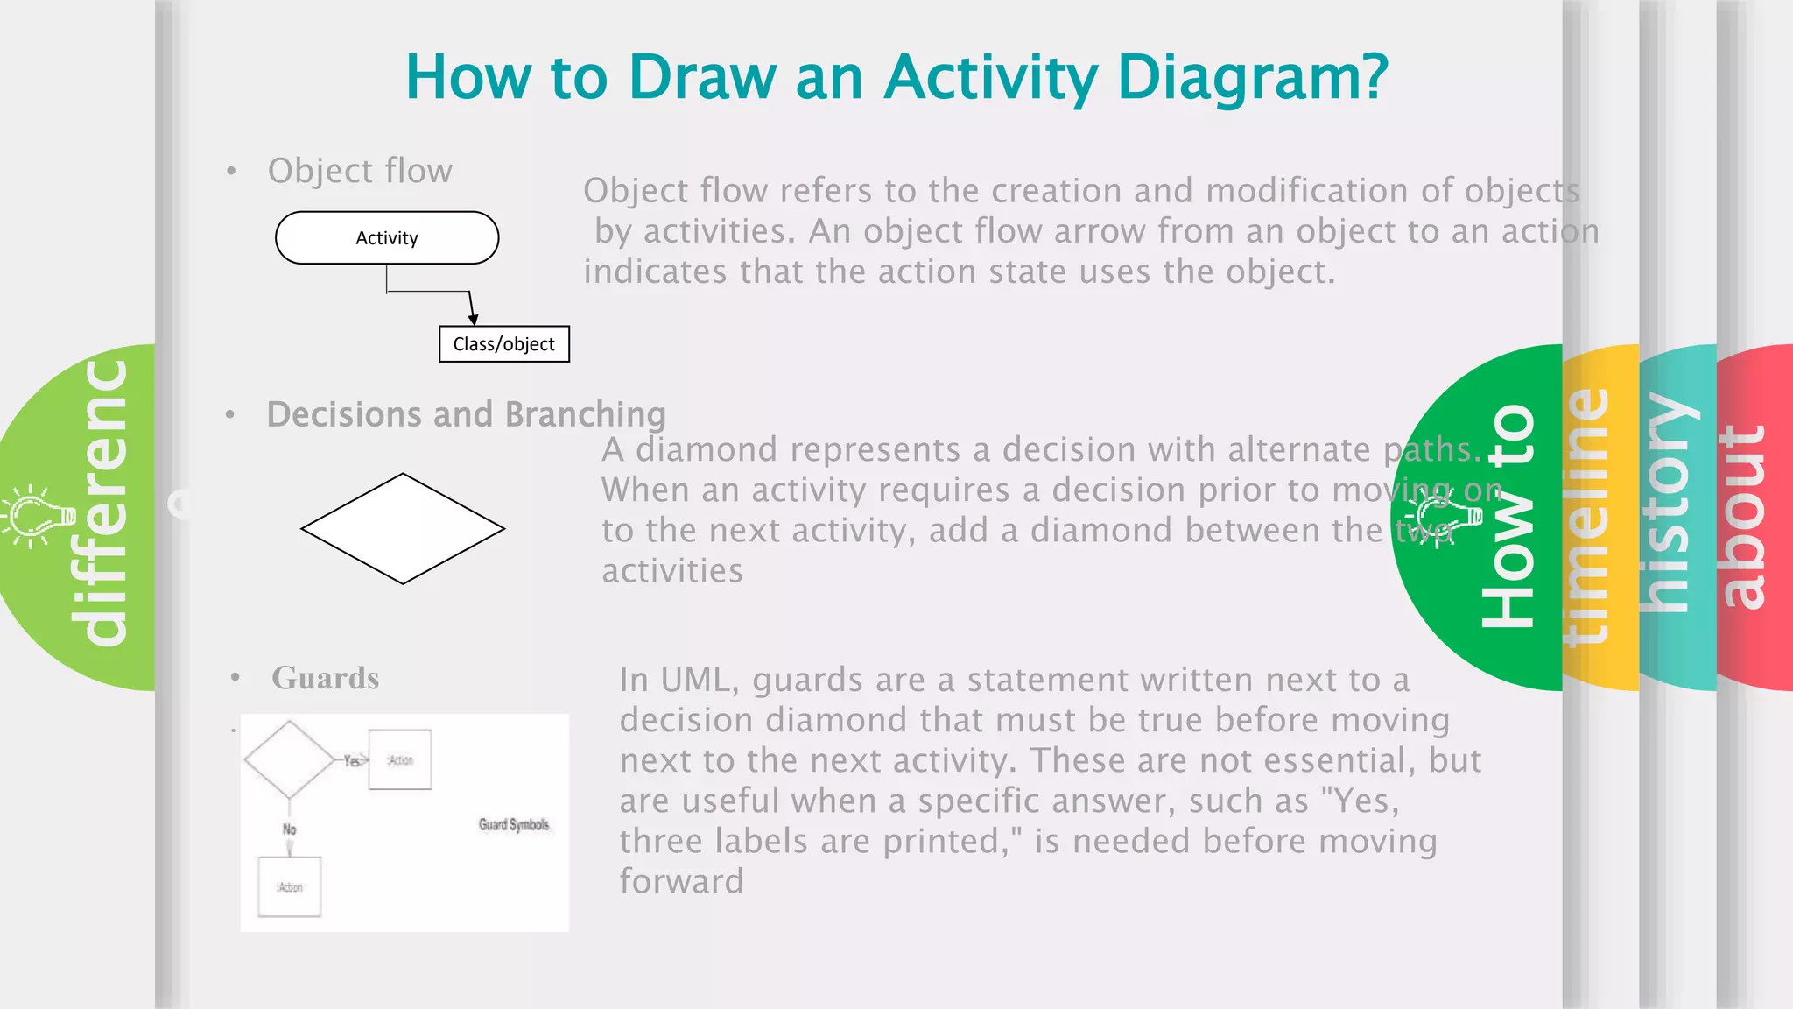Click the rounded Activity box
(x=387, y=237)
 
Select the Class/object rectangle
(x=503, y=344)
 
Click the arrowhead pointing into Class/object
(x=473, y=319)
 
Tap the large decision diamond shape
(x=403, y=529)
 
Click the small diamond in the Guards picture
(x=289, y=759)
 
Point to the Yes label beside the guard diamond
(x=352, y=761)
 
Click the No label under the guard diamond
(x=290, y=829)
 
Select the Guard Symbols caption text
(x=514, y=825)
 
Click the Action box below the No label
(x=290, y=887)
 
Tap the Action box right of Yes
(x=400, y=760)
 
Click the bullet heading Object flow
(x=360, y=171)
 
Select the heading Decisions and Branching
(x=467, y=414)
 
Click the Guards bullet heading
(x=325, y=678)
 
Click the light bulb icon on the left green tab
(x=37, y=517)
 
